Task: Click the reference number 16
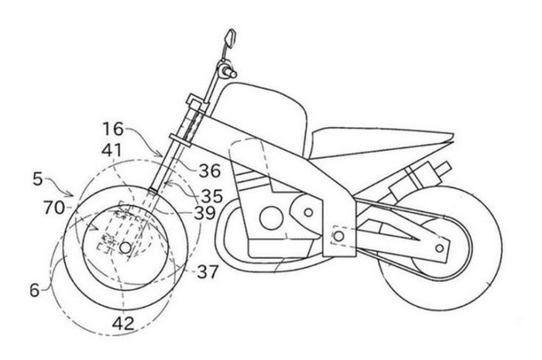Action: tap(113, 129)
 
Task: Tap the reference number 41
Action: tap(111, 151)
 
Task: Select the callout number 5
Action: tap(38, 179)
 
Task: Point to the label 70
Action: tap(54, 208)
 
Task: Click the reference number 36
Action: tap(210, 170)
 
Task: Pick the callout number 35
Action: tap(211, 196)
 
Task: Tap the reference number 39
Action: tap(204, 213)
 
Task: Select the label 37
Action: tap(208, 272)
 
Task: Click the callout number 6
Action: tap(35, 290)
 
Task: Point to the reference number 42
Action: tap(123, 324)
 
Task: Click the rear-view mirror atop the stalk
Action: tap(231, 37)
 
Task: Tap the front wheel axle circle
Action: tap(125, 248)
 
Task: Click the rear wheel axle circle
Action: tap(440, 248)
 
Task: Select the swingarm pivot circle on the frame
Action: tap(339, 236)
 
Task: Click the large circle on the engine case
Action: tap(271, 218)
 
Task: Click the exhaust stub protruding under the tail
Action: tap(443, 170)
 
